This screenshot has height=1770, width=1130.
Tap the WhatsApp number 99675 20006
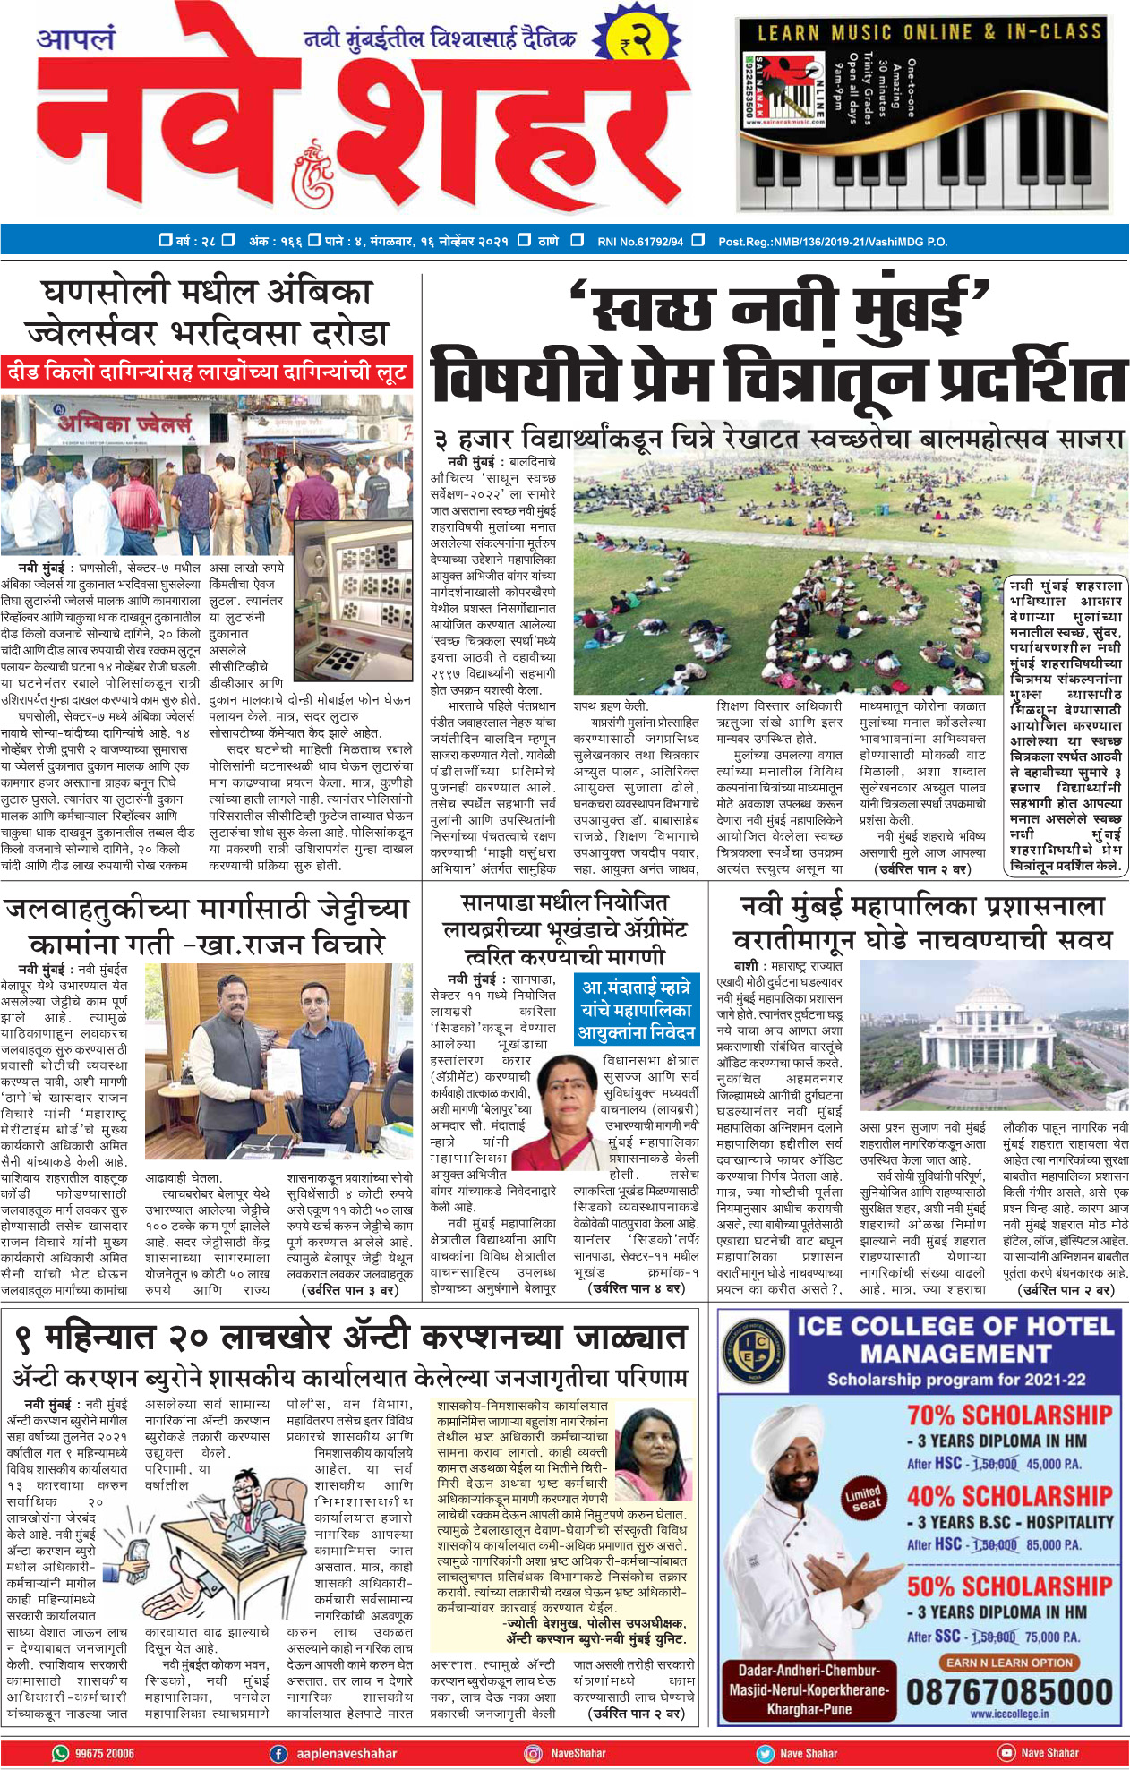point(104,1753)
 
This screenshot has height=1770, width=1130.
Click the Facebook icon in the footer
point(278,1753)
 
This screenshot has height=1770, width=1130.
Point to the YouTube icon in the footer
point(1006,1753)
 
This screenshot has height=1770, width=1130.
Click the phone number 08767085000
point(1009,1691)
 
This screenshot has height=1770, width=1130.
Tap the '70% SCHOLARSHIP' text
point(1009,1415)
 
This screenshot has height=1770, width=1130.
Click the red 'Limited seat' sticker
point(863,1498)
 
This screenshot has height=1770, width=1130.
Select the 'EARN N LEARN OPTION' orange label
point(1008,1663)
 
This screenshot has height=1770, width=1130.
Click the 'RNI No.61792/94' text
point(639,241)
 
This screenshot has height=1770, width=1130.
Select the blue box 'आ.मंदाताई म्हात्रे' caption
point(637,1010)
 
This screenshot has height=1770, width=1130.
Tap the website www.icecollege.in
point(1008,1714)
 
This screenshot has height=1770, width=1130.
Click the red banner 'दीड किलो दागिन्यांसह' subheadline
point(207,372)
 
